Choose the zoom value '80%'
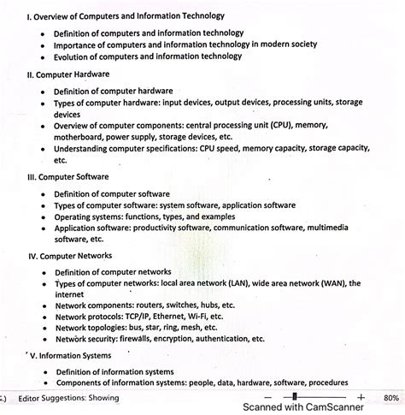pyautogui.click(x=391, y=398)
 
